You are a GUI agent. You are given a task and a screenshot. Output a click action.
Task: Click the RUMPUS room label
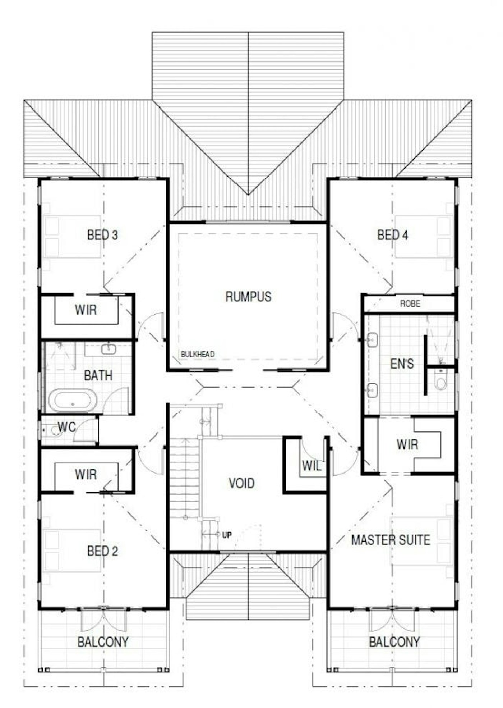click(248, 297)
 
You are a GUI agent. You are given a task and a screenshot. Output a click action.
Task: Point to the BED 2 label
click(102, 551)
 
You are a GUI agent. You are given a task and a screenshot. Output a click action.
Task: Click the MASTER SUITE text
click(391, 540)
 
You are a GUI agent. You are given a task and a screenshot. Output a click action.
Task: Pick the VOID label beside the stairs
click(241, 483)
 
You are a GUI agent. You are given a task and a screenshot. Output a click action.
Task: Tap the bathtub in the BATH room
click(73, 400)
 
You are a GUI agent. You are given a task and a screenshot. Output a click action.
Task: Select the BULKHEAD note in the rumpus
click(198, 354)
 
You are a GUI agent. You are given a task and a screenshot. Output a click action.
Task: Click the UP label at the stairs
click(227, 535)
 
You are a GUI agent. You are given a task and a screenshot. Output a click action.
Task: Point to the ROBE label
click(410, 303)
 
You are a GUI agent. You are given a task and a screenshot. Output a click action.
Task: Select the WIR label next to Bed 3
click(86, 310)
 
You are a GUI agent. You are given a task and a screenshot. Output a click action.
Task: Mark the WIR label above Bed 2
click(86, 474)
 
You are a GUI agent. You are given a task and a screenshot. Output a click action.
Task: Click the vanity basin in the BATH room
click(108, 349)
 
